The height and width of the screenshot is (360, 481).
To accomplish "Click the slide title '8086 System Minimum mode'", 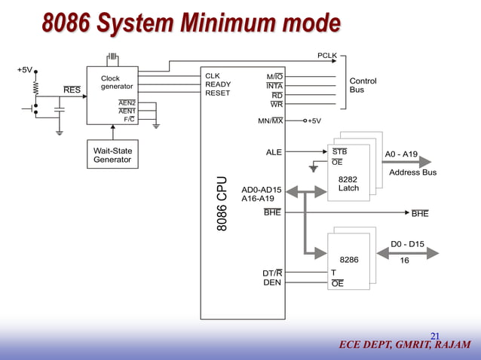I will pyautogui.click(x=191, y=24).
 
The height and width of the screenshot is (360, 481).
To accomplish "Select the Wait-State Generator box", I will pyautogui.click(x=112, y=156).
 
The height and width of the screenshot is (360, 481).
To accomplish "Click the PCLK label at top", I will pyautogui.click(x=326, y=56).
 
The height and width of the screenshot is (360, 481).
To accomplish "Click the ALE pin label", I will pyautogui.click(x=274, y=152).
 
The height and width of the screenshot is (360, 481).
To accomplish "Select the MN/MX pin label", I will pyautogui.click(x=270, y=121).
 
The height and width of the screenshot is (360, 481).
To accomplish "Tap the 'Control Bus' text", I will pyautogui.click(x=363, y=85).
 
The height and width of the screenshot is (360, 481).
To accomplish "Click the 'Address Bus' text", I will pyautogui.click(x=412, y=172).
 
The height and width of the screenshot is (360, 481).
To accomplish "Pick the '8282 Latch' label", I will pyautogui.click(x=348, y=184).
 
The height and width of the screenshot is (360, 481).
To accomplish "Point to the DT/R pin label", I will pyautogui.click(x=272, y=273).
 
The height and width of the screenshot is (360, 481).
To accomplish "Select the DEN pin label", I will pyautogui.click(x=272, y=283).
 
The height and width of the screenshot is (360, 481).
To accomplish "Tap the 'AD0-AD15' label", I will pyautogui.click(x=261, y=189).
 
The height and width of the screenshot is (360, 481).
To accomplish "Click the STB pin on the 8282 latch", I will pyautogui.click(x=339, y=151).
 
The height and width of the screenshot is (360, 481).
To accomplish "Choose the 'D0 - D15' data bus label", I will pyautogui.click(x=407, y=244).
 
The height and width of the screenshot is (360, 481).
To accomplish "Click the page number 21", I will pyautogui.click(x=435, y=336).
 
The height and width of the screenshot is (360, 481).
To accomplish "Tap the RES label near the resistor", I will pyautogui.click(x=72, y=90).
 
